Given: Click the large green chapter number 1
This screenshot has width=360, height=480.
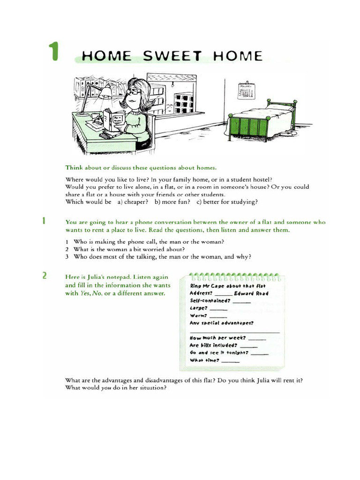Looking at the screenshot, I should (x=54, y=52).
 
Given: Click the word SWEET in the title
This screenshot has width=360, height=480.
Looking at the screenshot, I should (x=172, y=57).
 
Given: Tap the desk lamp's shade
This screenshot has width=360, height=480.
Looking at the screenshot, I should (x=105, y=91).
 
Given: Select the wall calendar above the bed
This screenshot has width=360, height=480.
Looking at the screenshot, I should (x=246, y=90).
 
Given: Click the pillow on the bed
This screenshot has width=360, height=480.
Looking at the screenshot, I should (x=280, y=109).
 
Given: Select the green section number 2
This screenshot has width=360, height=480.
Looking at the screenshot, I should (x=45, y=276).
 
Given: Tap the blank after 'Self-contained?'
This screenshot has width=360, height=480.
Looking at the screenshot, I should (x=241, y=301).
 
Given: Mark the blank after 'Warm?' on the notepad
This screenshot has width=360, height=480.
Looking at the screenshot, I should (x=217, y=317).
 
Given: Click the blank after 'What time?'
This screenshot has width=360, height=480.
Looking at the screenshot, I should (x=230, y=361).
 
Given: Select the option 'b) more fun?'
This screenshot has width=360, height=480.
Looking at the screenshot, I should (x=172, y=202).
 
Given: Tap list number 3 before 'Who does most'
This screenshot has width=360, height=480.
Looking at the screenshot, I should (x=67, y=256).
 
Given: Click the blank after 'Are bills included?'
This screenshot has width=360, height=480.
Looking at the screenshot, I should (x=248, y=346).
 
